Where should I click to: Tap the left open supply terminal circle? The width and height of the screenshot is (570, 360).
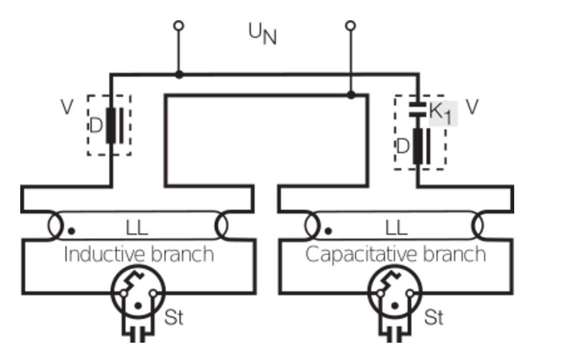click(179, 25)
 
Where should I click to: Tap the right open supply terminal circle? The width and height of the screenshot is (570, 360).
click(350, 25)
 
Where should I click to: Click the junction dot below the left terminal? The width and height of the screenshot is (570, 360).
click(179, 75)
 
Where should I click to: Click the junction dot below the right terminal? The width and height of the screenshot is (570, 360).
click(350, 94)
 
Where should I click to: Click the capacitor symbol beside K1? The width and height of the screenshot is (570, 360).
click(417, 110)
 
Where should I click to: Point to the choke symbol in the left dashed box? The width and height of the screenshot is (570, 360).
click(114, 125)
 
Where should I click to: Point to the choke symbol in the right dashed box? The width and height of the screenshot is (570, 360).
click(421, 146)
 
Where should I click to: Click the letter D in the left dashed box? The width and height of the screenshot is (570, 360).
click(96, 126)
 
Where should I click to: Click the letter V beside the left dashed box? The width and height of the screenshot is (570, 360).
click(67, 108)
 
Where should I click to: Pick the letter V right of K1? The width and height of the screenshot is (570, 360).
click(473, 107)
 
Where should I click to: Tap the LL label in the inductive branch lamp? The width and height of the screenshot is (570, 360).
click(137, 228)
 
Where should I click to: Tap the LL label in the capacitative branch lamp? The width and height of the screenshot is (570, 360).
click(396, 228)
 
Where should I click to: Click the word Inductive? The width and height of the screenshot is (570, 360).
click(99, 255)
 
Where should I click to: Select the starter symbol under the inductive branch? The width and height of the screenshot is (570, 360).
click(138, 293)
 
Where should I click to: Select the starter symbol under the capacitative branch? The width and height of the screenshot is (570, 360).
click(395, 293)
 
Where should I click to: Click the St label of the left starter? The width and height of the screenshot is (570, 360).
click(173, 318)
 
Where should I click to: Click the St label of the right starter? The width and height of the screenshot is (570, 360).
click(434, 318)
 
